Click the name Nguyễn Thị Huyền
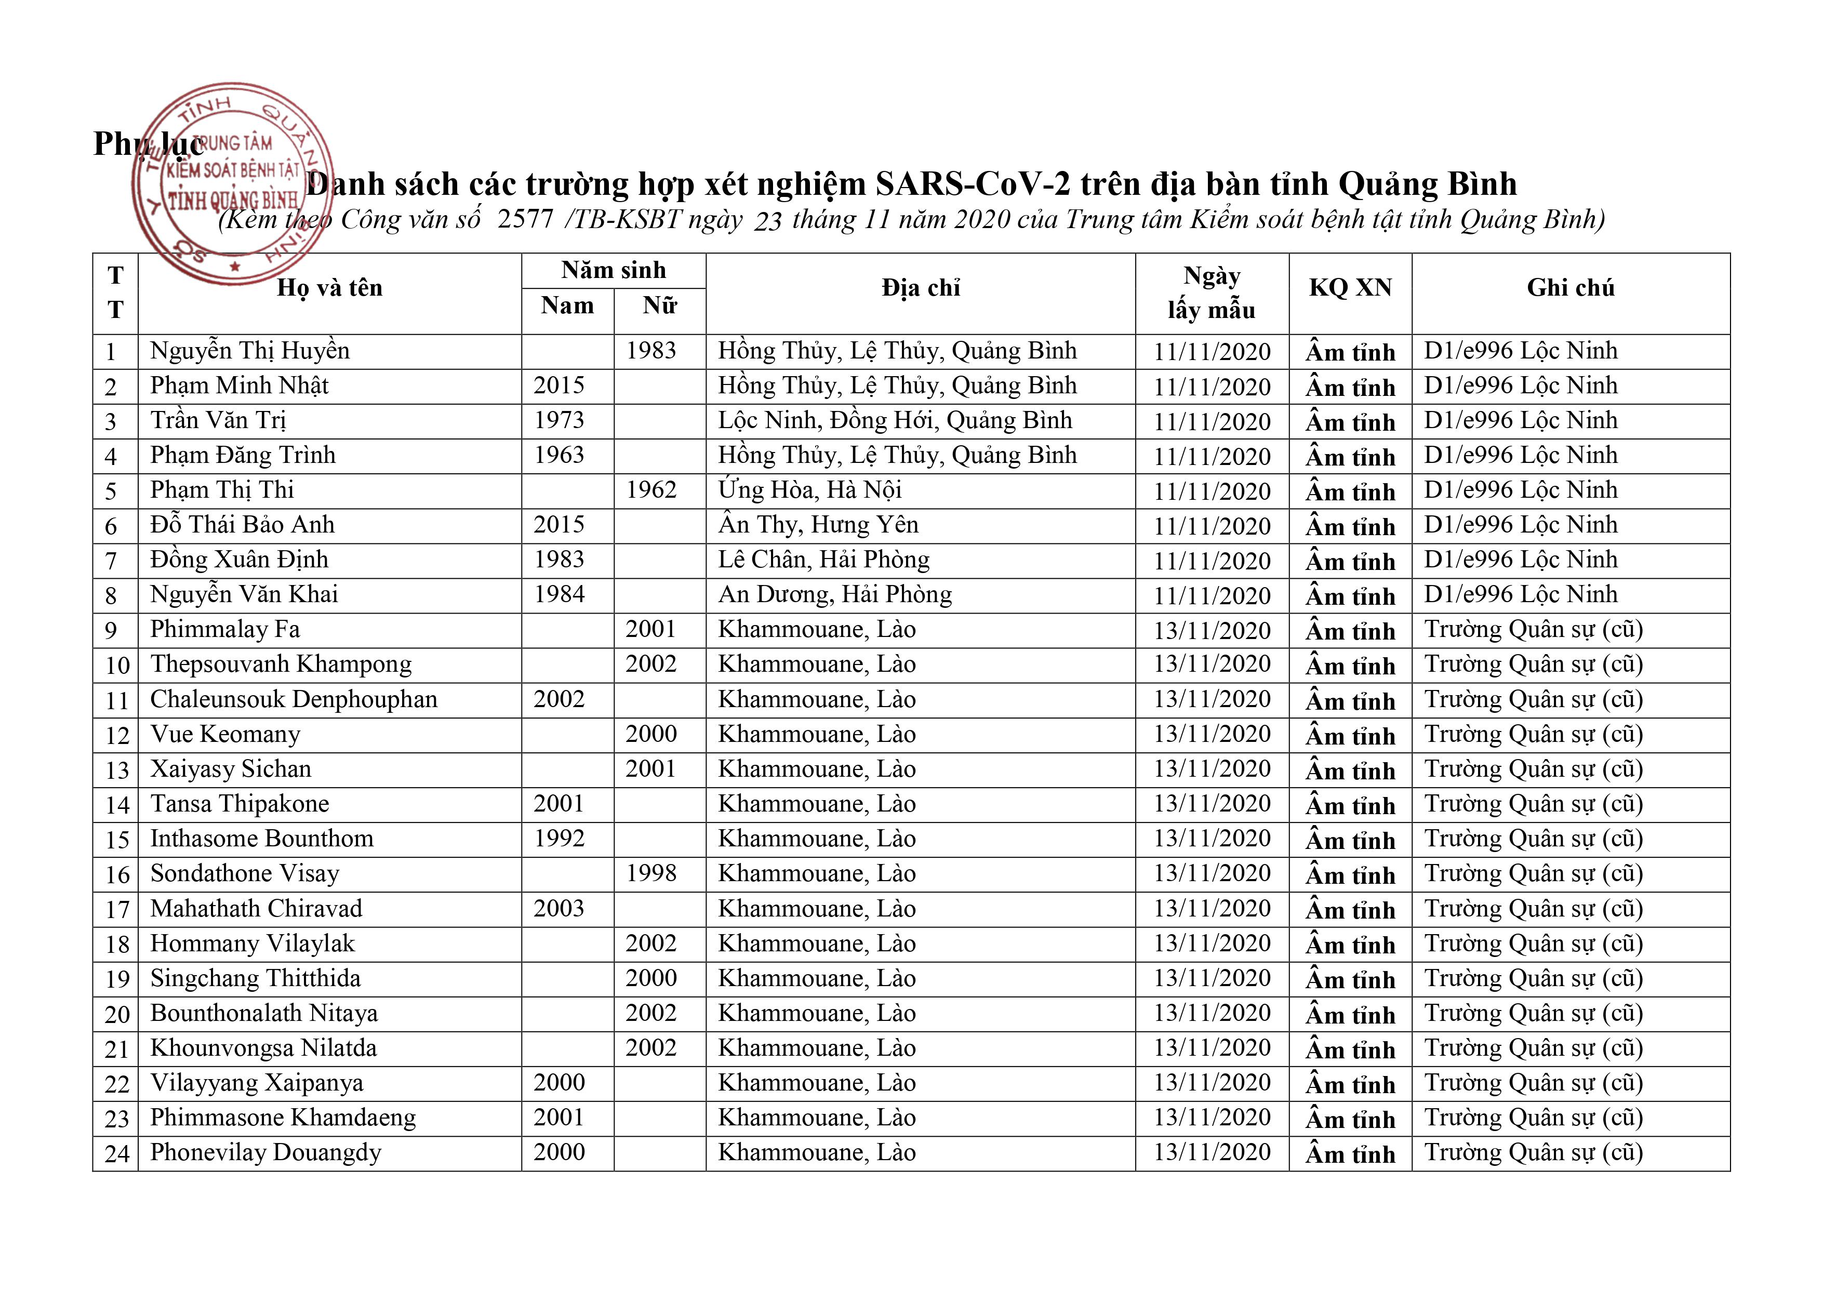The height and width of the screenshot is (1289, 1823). coord(249,351)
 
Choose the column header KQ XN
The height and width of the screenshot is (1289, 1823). coord(1350,287)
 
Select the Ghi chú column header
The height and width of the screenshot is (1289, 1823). coord(1569,287)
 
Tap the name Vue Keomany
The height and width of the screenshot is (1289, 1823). coord(225,735)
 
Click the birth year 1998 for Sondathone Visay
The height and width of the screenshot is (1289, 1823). coord(651,874)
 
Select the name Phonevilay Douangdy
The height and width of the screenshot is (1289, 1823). coord(266,1152)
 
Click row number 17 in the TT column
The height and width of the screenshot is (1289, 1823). coord(117,909)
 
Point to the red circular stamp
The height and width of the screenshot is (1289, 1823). coord(232,183)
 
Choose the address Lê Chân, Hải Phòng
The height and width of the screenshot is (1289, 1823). coord(823,560)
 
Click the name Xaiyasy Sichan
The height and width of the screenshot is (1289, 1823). coord(230,769)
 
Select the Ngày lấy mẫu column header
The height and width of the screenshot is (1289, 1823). coord(1211,293)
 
